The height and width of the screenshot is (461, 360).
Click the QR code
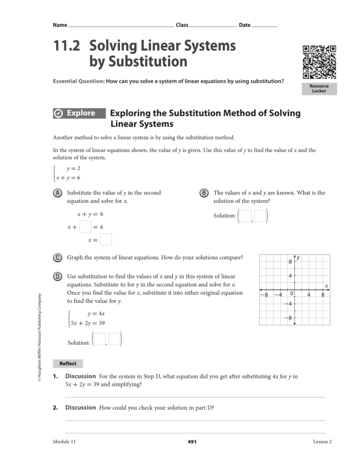click(319, 62)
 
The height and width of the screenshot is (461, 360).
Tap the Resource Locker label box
click(319, 88)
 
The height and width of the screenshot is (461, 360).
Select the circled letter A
click(57, 193)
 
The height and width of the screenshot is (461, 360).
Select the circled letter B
click(204, 193)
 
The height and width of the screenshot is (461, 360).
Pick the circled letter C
click(57, 258)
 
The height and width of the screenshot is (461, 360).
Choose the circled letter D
click(57, 276)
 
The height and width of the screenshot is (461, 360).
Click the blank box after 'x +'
click(85, 227)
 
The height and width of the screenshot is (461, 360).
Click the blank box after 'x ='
click(106, 240)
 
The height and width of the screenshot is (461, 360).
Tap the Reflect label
click(68, 364)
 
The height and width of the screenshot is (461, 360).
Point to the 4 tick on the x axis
click(309, 295)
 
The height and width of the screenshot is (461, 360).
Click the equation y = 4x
click(96, 314)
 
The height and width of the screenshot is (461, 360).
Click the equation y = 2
click(74, 168)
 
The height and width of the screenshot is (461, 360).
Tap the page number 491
click(192, 442)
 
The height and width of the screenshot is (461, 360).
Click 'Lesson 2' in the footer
click(322, 442)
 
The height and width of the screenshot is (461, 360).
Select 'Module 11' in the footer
click(64, 442)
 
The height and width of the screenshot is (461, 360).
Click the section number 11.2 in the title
click(66, 46)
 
